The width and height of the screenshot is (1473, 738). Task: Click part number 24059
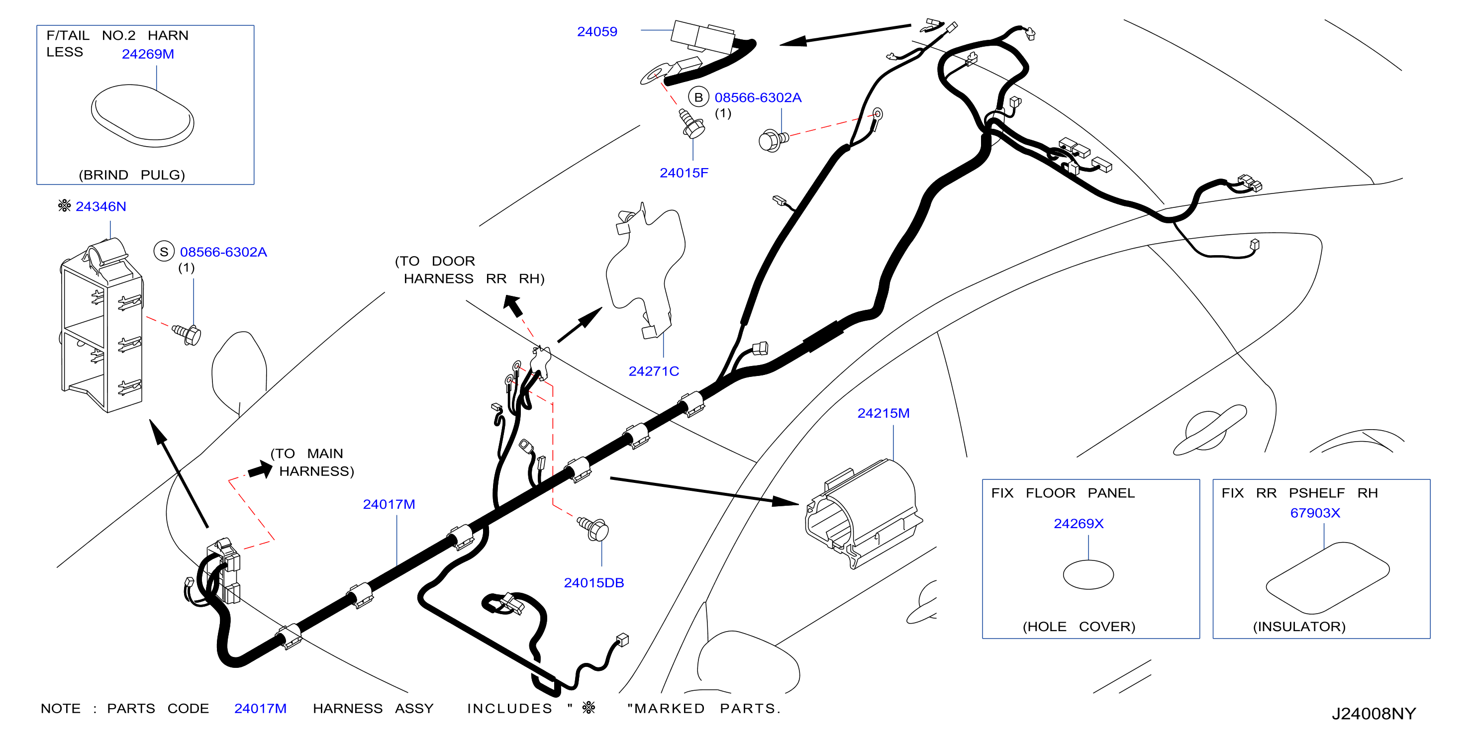[x=597, y=32]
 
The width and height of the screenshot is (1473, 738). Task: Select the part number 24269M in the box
[x=148, y=54]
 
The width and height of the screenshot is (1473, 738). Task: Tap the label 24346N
[x=100, y=207]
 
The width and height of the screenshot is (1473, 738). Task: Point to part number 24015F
[x=684, y=173]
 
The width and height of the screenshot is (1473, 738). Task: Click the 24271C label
[x=654, y=371]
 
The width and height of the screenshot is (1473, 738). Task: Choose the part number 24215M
[x=883, y=413]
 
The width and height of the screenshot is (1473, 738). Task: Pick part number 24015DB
[x=593, y=583]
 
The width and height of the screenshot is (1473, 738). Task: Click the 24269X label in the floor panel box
[x=1079, y=524]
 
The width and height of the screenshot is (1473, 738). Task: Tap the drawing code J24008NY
[x=1374, y=714]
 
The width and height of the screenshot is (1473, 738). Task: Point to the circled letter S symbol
[x=164, y=252]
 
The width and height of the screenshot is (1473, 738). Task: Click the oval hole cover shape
[x=1088, y=575]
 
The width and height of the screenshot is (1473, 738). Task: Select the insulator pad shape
[x=1327, y=578]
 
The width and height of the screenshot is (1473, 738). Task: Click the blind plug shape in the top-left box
[x=142, y=116]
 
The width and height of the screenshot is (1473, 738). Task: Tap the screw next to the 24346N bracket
[x=187, y=334]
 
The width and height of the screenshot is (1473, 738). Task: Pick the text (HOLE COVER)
[x=1079, y=627]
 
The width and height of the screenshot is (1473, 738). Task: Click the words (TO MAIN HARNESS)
[x=312, y=462]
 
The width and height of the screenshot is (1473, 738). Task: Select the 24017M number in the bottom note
[x=260, y=709]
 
